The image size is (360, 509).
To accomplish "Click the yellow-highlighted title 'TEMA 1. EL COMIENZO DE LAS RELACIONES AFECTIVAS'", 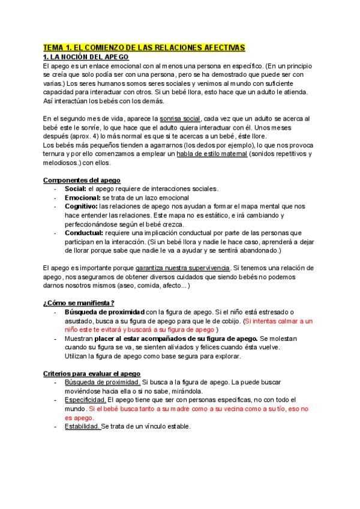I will (144, 47).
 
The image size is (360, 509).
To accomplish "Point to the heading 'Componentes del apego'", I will (81, 180).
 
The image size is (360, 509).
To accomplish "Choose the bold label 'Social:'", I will (76, 188).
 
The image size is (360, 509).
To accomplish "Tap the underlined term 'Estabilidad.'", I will (82, 426).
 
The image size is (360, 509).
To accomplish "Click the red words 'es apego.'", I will (80, 418).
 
